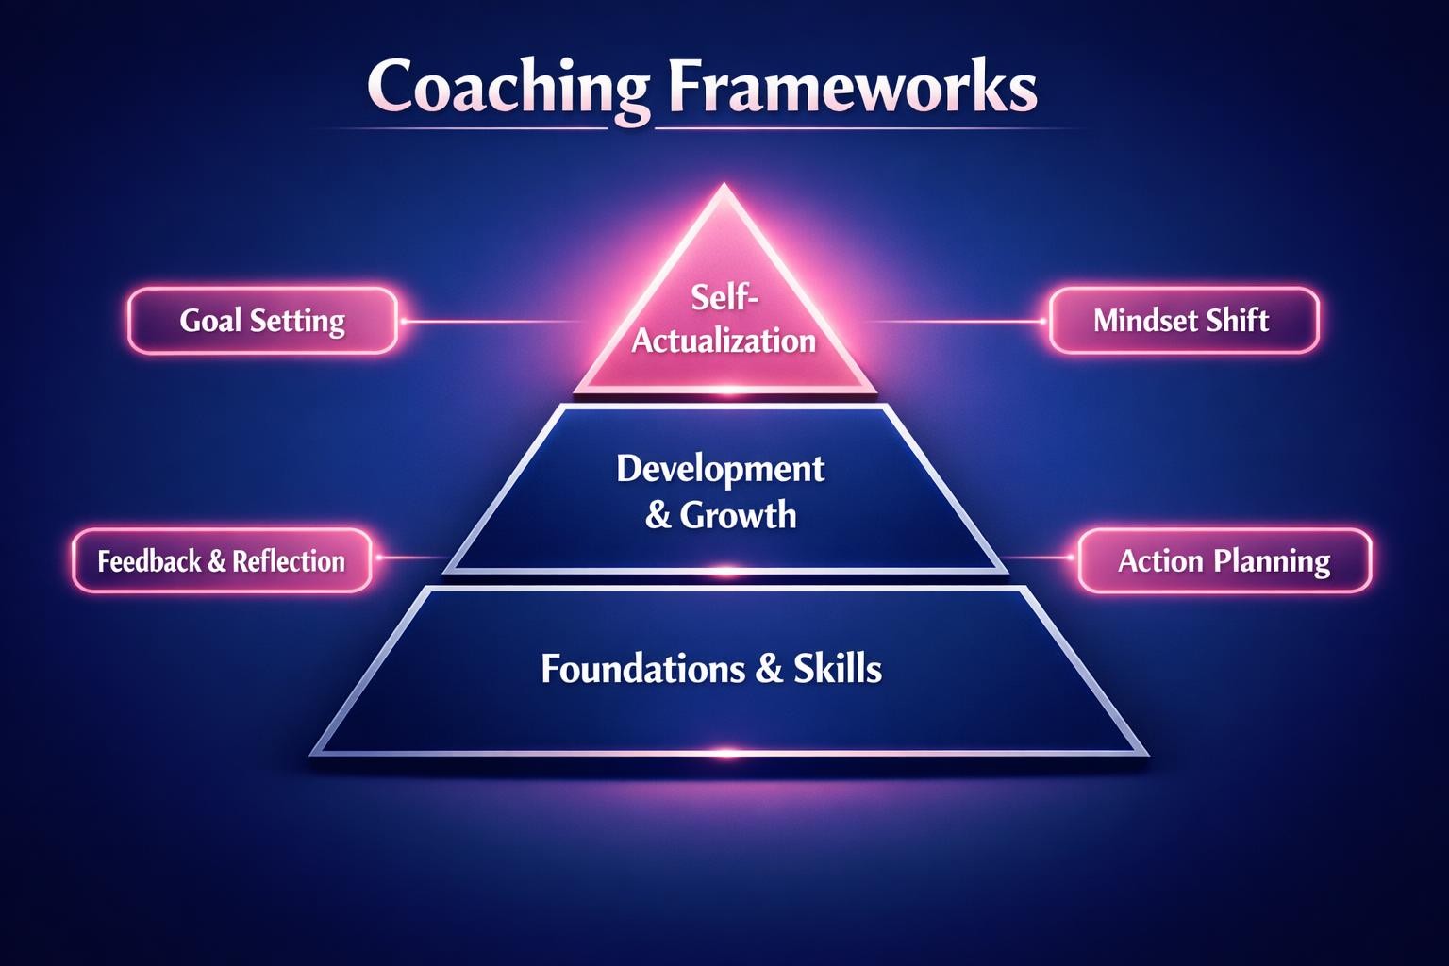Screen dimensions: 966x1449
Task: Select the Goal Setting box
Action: [262, 321]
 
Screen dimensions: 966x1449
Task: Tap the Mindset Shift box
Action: [1183, 321]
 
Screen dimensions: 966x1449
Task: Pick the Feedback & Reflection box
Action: [222, 561]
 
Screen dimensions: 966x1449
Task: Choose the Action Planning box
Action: [1224, 561]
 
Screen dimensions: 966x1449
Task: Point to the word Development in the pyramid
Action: [721, 469]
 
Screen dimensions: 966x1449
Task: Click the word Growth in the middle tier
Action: [738, 516]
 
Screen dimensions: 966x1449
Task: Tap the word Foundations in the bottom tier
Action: [642, 669]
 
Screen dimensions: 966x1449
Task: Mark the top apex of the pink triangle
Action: [724, 186]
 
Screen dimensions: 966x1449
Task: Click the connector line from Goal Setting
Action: [491, 322]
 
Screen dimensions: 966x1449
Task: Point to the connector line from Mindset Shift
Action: [953, 322]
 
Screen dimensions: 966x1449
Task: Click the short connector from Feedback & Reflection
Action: [408, 558]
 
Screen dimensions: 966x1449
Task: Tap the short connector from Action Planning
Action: [1041, 558]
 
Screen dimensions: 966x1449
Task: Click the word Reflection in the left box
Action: [289, 561]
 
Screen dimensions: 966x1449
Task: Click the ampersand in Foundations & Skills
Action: [769, 669]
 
